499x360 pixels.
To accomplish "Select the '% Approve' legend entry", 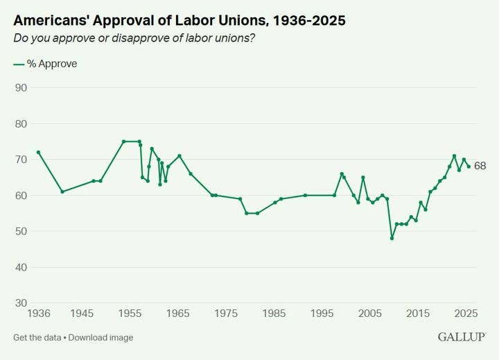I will coord(46,64).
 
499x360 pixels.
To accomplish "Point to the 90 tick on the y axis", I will coord(21,88).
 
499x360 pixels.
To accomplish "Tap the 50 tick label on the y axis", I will coord(21,232).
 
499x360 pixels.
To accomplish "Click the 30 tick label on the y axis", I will coord(21,303).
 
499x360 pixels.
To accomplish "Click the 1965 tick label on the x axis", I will coord(178,314).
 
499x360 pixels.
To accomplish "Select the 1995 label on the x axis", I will coord(322,314).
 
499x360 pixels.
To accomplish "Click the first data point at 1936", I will coord(38,152).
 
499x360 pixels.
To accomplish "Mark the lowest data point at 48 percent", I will coord(392,238).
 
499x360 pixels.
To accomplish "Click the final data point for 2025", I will coord(469,166).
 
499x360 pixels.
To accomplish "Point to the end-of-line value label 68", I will coord(480,166).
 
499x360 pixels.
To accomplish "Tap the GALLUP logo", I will coord(461,337).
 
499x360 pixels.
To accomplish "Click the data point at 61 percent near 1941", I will coord(62,191).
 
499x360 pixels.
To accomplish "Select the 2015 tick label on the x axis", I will coord(418,314).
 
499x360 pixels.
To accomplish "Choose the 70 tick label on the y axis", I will coord(21,160).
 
